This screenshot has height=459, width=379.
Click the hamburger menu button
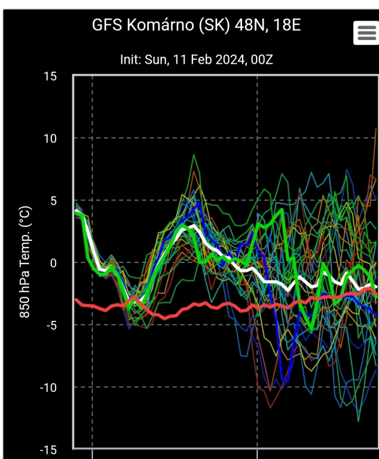pyautogui.click(x=366, y=33)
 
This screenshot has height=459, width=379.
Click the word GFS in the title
pyautogui.click(x=105, y=25)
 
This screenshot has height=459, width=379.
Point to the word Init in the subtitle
pyautogui.click(x=130, y=60)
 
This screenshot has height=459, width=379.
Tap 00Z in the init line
pyautogui.click(x=260, y=60)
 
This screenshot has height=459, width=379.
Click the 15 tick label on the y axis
pyautogui.click(x=50, y=76)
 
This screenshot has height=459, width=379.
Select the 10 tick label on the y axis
pyautogui.click(x=50, y=138)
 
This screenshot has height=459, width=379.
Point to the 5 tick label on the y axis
pyautogui.click(x=53, y=200)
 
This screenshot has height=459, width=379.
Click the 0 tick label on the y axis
pyautogui.click(x=53, y=262)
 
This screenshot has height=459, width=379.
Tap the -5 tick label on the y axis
pyautogui.click(x=50, y=325)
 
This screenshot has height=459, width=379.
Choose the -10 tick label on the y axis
pyautogui.click(x=48, y=387)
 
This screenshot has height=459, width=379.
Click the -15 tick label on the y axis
pyautogui.click(x=48, y=449)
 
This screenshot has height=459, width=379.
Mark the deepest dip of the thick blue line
pyautogui.click(x=285, y=381)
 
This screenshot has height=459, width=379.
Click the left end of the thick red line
pyautogui.click(x=75, y=299)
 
